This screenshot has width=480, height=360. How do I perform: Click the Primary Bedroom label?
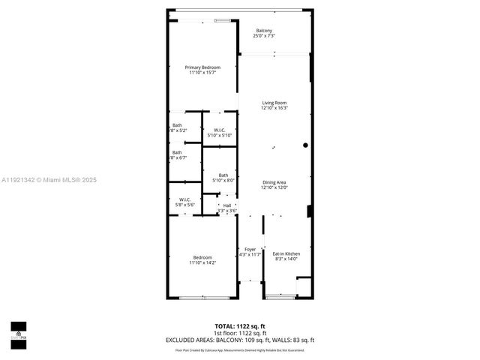pos(202,70)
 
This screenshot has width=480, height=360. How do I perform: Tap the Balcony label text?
pos(264,33)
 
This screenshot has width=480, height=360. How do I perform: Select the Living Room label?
pos(274,106)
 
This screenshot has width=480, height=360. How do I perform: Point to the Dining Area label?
pos(274,185)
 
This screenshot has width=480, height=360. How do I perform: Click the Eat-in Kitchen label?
pos(286,256)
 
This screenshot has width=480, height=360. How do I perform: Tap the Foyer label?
pos(250,252)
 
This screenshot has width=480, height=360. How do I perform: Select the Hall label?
pos(227,208)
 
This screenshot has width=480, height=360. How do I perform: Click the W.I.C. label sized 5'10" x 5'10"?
pos(220,133)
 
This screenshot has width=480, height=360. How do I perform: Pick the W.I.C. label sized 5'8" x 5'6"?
pos(184,202)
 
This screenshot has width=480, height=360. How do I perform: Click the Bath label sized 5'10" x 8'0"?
pos(223,178)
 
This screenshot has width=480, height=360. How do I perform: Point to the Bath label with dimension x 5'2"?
pos(178,127)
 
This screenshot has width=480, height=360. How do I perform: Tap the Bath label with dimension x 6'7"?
pos(178,155)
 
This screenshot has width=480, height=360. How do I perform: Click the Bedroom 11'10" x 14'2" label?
pos(202,260)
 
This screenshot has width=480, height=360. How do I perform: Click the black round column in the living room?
pos(305,145)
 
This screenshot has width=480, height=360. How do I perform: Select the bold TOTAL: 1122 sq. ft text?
pos(239,326)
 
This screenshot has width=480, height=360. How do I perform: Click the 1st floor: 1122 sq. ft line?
pos(239,333)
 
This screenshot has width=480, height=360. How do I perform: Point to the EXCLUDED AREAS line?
pos(239,340)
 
